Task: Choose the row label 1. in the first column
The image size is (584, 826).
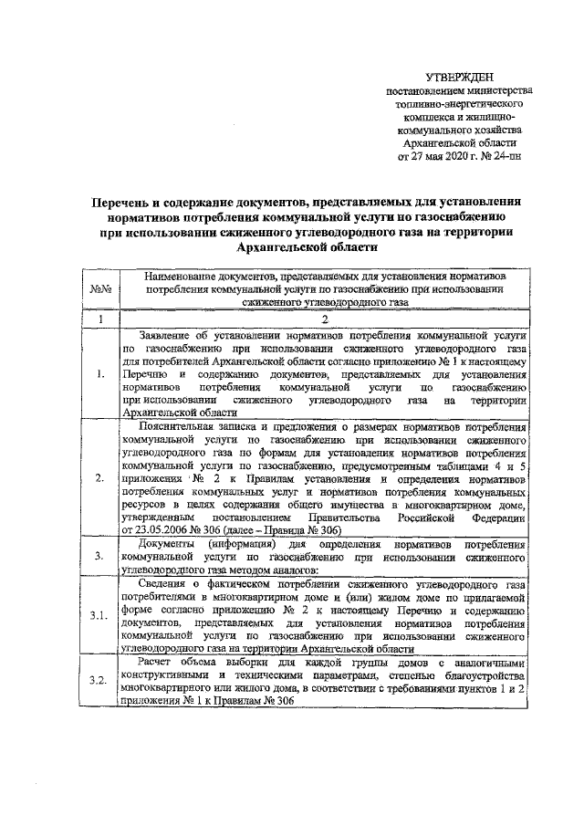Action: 100,374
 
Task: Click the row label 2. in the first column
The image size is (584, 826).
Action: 100,477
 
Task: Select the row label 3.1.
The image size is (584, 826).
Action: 100,614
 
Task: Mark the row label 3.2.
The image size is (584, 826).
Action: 100,681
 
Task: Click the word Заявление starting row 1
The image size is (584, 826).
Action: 171,334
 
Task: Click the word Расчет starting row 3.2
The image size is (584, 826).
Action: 161,662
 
